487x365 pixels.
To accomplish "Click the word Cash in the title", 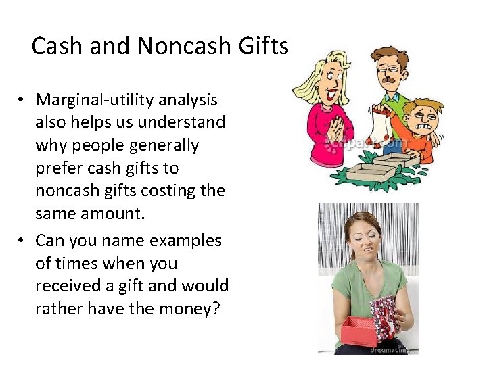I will (x=56, y=47).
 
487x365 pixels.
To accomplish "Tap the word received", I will (x=66, y=286).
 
